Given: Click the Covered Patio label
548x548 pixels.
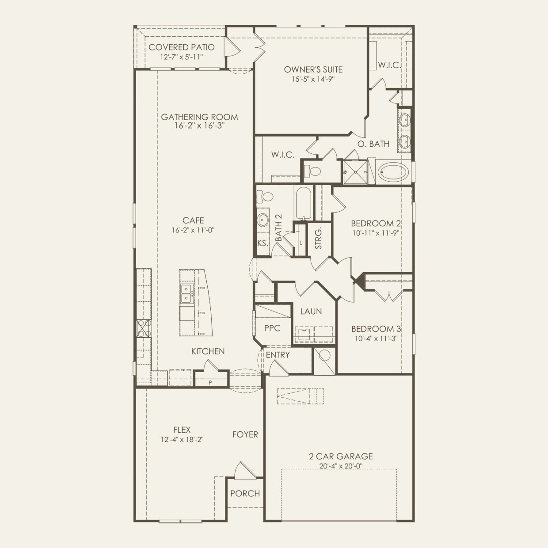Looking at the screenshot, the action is click(x=182, y=47).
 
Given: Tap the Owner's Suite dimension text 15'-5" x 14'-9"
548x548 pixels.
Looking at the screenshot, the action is click(x=313, y=79).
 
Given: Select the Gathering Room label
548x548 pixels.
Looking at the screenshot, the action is click(x=199, y=117).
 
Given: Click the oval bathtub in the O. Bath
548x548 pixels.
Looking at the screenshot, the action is click(x=393, y=171).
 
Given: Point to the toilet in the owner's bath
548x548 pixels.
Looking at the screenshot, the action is click(x=312, y=171).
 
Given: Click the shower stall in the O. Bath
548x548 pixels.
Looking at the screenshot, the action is click(x=355, y=172).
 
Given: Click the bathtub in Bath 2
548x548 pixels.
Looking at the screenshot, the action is click(x=304, y=203).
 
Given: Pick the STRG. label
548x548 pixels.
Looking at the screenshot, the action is click(x=319, y=238).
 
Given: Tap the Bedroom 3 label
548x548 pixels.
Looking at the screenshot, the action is click(x=376, y=329).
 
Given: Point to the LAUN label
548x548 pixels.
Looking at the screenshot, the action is click(x=311, y=312).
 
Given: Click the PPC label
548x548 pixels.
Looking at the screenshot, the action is click(x=272, y=328).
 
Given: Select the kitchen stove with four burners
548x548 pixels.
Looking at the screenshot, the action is click(x=144, y=328).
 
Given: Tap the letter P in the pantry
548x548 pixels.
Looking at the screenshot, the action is click(x=210, y=383).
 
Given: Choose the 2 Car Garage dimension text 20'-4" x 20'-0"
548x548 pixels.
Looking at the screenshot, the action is click(x=341, y=466).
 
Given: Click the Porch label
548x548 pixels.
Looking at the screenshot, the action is click(x=245, y=494).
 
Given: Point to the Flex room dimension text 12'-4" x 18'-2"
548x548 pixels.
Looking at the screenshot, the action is click(x=182, y=440).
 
